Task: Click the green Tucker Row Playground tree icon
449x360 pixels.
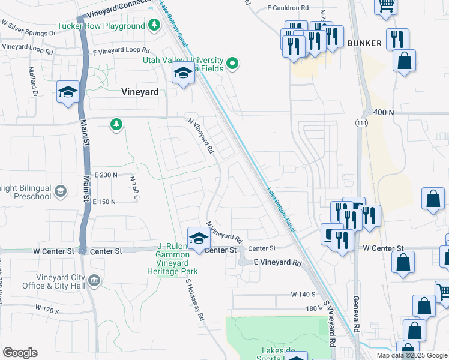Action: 155,26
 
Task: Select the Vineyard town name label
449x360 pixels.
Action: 140,92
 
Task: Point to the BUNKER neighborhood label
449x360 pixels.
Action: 364,43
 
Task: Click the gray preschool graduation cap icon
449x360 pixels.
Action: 60,191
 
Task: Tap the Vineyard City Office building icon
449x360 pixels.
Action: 94,280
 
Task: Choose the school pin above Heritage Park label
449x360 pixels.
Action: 199,238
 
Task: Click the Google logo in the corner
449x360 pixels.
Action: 20,353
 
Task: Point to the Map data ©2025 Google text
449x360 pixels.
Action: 412,355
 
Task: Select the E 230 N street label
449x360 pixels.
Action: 104,175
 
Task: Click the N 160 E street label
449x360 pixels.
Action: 133,187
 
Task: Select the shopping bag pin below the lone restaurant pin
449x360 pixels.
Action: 405,61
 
